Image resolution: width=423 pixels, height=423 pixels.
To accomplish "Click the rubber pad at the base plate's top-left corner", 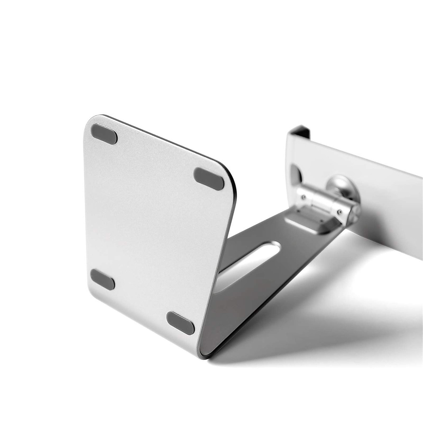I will (104, 134).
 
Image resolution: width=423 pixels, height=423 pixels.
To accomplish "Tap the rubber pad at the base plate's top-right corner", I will (209, 179).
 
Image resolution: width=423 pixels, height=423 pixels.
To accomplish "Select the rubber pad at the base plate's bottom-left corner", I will (102, 279).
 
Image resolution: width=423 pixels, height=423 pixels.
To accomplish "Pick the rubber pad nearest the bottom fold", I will (180, 323).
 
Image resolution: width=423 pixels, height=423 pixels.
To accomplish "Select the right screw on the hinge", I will (339, 212).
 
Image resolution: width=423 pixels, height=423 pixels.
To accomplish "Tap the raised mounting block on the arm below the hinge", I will (310, 222).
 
